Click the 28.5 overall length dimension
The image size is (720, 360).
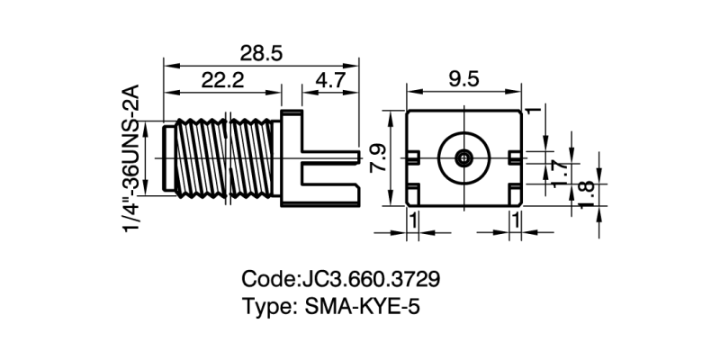[261, 54]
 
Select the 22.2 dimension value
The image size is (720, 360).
[222, 80]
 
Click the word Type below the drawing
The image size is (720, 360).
[264, 307]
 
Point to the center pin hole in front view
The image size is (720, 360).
[463, 158]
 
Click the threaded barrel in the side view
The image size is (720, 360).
[222, 158]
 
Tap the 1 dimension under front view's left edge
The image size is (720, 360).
[413, 220]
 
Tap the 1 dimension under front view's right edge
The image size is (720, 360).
[516, 220]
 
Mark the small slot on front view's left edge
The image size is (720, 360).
[411, 158]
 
